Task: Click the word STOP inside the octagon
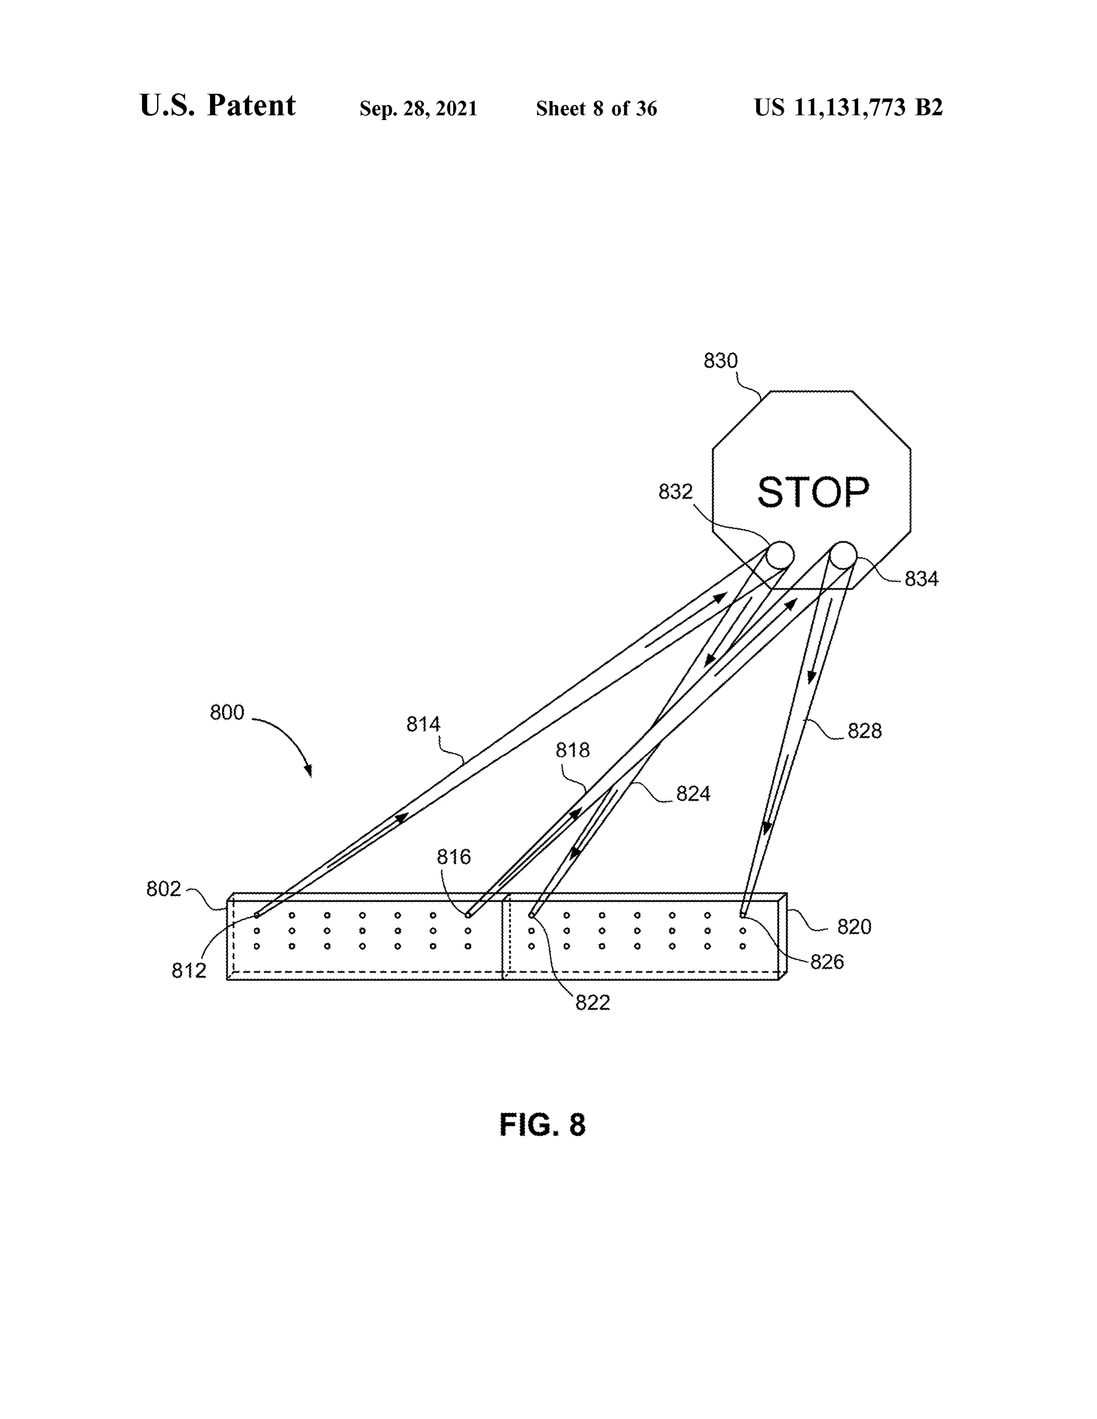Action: tap(813, 492)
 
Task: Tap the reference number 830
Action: tap(721, 361)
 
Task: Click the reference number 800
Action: tap(227, 713)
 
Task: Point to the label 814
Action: tap(424, 724)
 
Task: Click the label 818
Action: tap(573, 750)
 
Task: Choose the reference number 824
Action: tap(693, 793)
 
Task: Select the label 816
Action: tap(453, 857)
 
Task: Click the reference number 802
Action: tap(164, 889)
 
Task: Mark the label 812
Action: tap(189, 970)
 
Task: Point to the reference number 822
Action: tap(593, 1002)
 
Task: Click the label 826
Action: tap(827, 961)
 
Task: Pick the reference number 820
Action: tap(854, 927)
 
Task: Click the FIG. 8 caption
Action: tap(542, 1124)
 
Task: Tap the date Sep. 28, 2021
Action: tap(419, 108)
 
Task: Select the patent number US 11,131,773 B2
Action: tap(848, 107)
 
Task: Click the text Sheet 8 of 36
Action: tap(597, 108)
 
